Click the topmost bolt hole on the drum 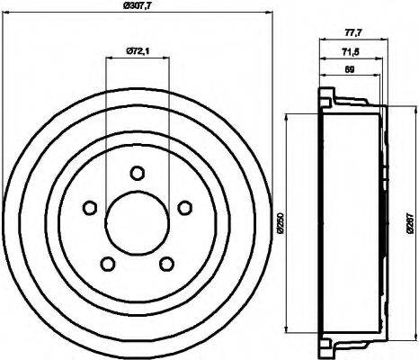pos(137,173)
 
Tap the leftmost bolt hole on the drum pos(89,208)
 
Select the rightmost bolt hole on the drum pos(184,208)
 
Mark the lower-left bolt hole pos(107,264)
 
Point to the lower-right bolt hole pos(166,264)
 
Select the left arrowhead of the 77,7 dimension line pos(320,40)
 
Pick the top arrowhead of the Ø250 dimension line pos(287,115)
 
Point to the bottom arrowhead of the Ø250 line pos(287,329)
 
